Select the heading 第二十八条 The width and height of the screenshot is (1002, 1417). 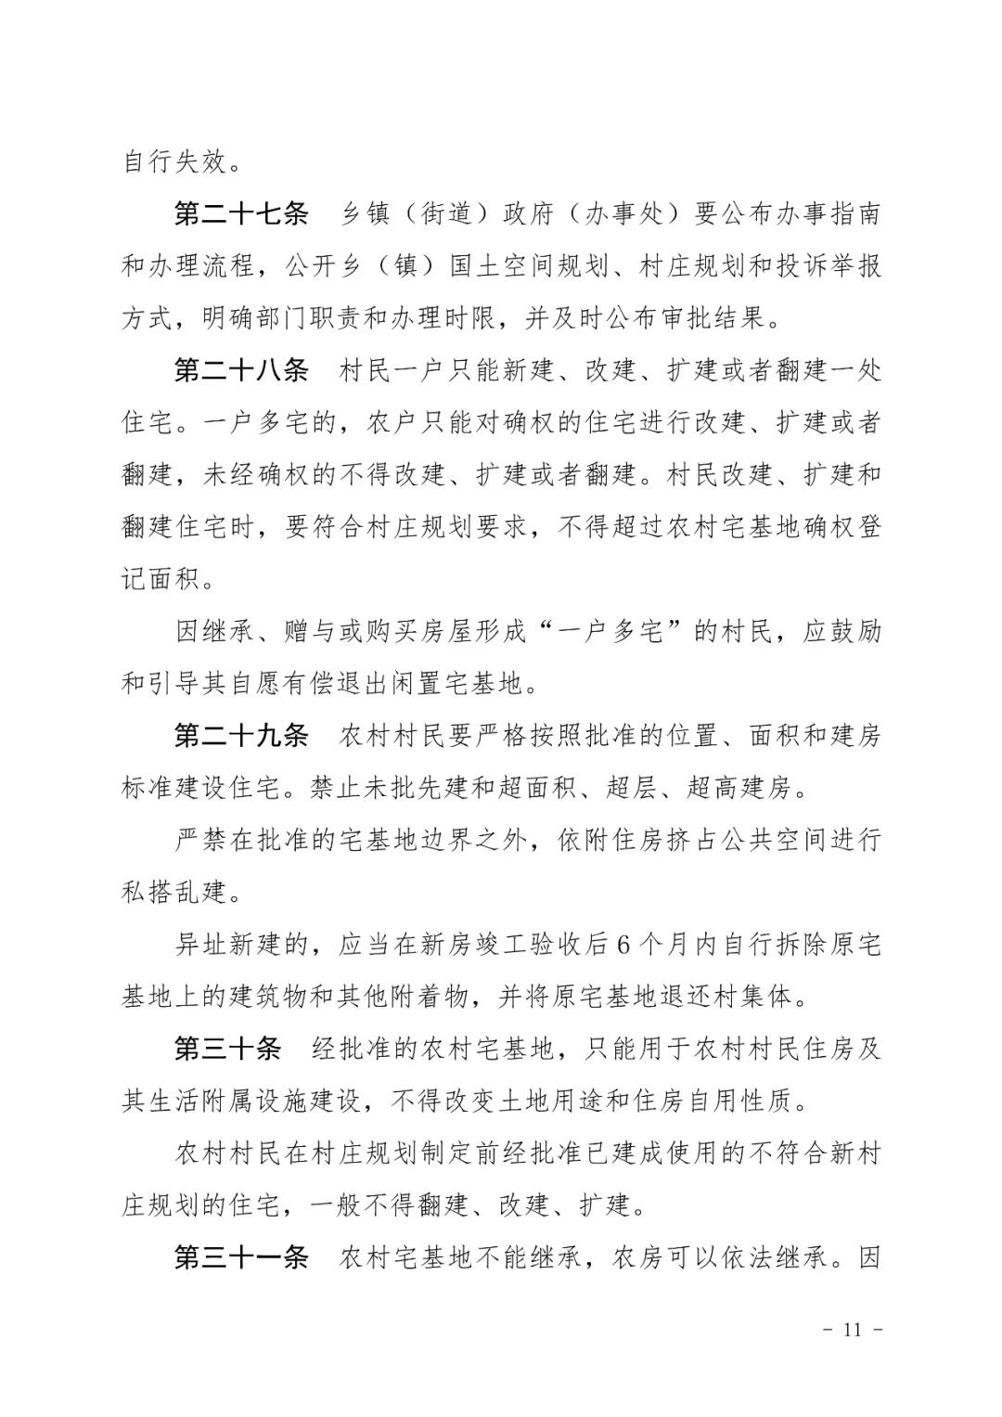click(x=240, y=371)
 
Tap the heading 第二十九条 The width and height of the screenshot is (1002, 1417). click(x=240, y=737)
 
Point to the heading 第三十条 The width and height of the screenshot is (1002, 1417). click(x=227, y=1050)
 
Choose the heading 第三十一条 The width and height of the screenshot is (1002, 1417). click(x=240, y=1258)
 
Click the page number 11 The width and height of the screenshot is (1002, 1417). click(x=853, y=1329)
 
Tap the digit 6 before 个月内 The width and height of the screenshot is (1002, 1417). click(x=623, y=946)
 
